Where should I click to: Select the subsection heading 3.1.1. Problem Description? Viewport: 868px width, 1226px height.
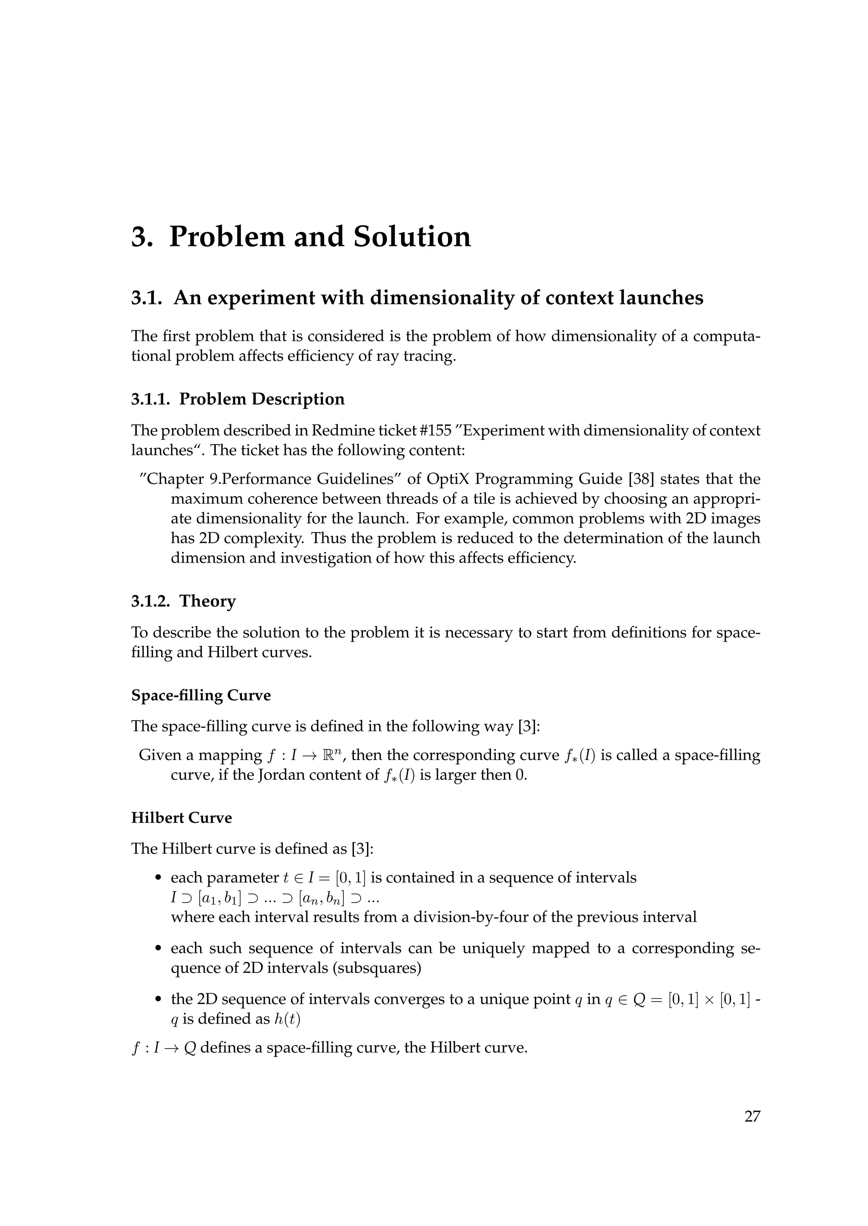coord(238,399)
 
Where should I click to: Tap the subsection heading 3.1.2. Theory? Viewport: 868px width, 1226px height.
coord(184,601)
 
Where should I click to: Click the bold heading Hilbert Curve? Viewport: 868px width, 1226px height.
coord(182,817)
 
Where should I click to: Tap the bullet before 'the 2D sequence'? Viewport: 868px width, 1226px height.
coord(158,1000)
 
